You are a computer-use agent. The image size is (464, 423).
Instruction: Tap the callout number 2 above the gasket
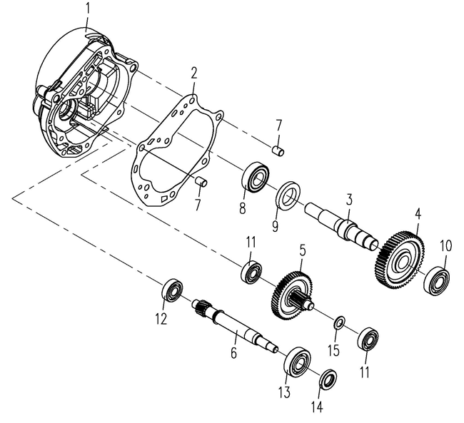click(193, 73)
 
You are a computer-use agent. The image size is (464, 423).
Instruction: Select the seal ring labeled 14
click(328, 379)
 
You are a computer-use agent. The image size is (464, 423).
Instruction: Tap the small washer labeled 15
click(340, 324)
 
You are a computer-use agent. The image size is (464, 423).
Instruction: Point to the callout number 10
click(445, 246)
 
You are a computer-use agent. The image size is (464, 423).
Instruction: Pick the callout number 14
click(316, 407)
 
